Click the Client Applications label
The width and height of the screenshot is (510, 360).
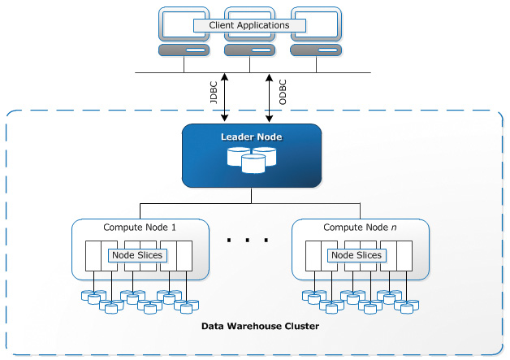(x=249, y=25)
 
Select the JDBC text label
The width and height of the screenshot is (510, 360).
(x=214, y=92)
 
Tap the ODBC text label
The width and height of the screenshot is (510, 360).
(x=283, y=92)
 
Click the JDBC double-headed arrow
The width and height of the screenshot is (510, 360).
(x=224, y=98)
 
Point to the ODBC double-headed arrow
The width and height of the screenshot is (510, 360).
(x=269, y=98)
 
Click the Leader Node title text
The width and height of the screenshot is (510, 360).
(x=252, y=137)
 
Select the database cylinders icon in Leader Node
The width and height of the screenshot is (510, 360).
(x=252, y=160)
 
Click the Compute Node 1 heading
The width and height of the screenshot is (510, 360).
(x=140, y=228)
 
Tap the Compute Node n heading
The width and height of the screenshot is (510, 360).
(x=360, y=228)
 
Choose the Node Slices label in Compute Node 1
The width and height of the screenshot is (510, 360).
(x=137, y=255)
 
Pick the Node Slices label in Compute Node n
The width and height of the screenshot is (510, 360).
(x=357, y=255)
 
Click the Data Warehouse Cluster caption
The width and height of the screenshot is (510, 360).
(x=260, y=326)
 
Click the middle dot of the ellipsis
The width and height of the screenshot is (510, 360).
(x=248, y=241)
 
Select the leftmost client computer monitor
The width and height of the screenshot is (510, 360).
(x=184, y=24)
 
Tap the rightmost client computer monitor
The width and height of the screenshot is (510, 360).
(x=316, y=24)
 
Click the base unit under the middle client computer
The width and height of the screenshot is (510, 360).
(x=250, y=50)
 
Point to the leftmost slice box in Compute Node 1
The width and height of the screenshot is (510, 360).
(x=93, y=256)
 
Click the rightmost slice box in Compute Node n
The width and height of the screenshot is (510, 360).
(x=404, y=256)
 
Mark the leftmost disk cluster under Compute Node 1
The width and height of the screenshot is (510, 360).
(x=93, y=297)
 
